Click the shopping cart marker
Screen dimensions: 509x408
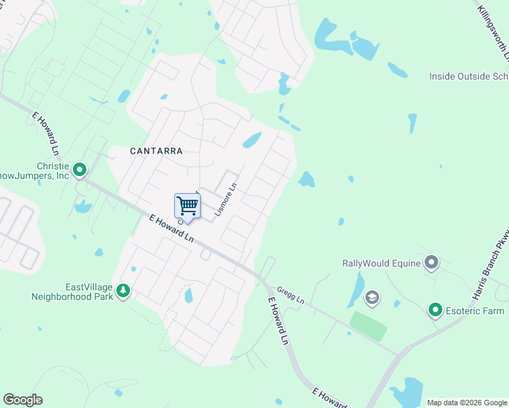pos(187,205)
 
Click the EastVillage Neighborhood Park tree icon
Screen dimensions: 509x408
pos(122,291)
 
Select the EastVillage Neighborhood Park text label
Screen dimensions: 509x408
pos(71,292)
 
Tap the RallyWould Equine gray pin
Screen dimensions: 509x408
pos(431,262)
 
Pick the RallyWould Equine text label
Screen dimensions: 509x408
pos(380,262)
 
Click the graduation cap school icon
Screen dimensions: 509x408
pos(372,297)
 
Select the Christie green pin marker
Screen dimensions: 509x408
pos(80,169)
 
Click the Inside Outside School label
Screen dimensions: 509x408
pos(469,76)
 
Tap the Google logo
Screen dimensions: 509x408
pos(22,400)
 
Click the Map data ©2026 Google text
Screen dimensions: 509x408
pos(467,403)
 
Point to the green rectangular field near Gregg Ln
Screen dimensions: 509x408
pos(368,326)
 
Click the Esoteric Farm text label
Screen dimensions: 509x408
pos(475,311)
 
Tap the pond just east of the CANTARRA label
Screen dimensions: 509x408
pos(252,141)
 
